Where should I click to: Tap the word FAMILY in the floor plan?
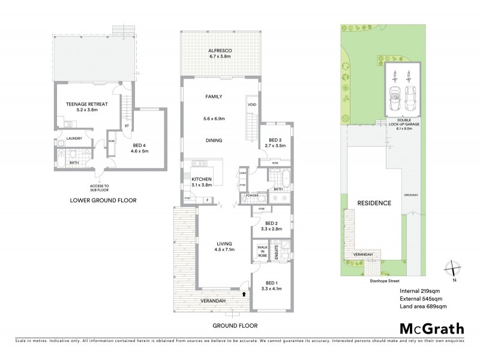214,97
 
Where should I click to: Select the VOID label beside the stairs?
251,105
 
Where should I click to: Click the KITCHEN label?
201,179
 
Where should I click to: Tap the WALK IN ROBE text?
262,251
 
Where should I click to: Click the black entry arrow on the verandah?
243,294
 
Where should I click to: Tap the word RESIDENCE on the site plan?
374,203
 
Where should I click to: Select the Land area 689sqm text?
423,307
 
